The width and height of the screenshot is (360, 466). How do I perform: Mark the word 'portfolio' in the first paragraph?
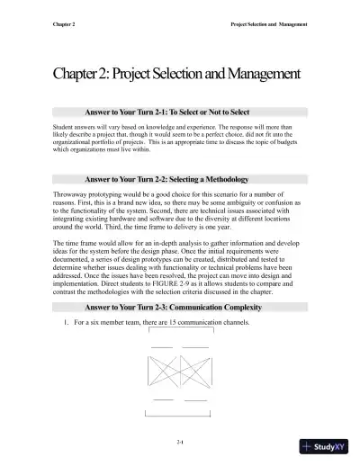[111, 148]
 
